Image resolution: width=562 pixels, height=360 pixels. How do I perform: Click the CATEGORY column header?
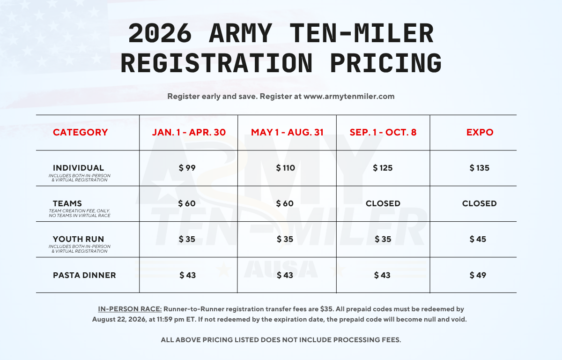81,133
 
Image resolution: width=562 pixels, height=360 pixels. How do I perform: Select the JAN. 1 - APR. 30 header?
189,133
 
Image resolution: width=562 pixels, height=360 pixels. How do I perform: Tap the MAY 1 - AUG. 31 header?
287,133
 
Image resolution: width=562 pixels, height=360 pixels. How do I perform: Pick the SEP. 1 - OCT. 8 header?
383,133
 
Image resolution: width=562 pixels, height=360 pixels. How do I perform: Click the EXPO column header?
480,133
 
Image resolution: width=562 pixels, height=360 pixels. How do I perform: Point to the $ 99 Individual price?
187,168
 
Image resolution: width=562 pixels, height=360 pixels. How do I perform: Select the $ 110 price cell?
286,168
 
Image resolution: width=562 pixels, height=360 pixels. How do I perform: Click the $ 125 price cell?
383,168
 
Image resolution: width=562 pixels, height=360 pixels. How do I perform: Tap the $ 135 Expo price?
480,168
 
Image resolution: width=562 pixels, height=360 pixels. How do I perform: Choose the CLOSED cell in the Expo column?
480,203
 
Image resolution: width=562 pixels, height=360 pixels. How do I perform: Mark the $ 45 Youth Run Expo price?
478,239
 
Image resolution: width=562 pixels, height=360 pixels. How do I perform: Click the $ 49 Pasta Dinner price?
478,275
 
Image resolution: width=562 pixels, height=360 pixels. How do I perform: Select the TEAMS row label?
67,203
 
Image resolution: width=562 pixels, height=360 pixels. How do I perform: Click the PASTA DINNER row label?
84,275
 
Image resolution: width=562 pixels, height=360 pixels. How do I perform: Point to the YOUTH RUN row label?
79,239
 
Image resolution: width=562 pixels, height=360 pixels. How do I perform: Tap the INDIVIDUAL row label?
79,168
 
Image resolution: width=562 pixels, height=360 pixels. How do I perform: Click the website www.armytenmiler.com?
349,97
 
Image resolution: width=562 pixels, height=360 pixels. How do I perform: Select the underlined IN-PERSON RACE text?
130,309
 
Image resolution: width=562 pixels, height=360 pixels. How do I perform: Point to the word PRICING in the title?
385,63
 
